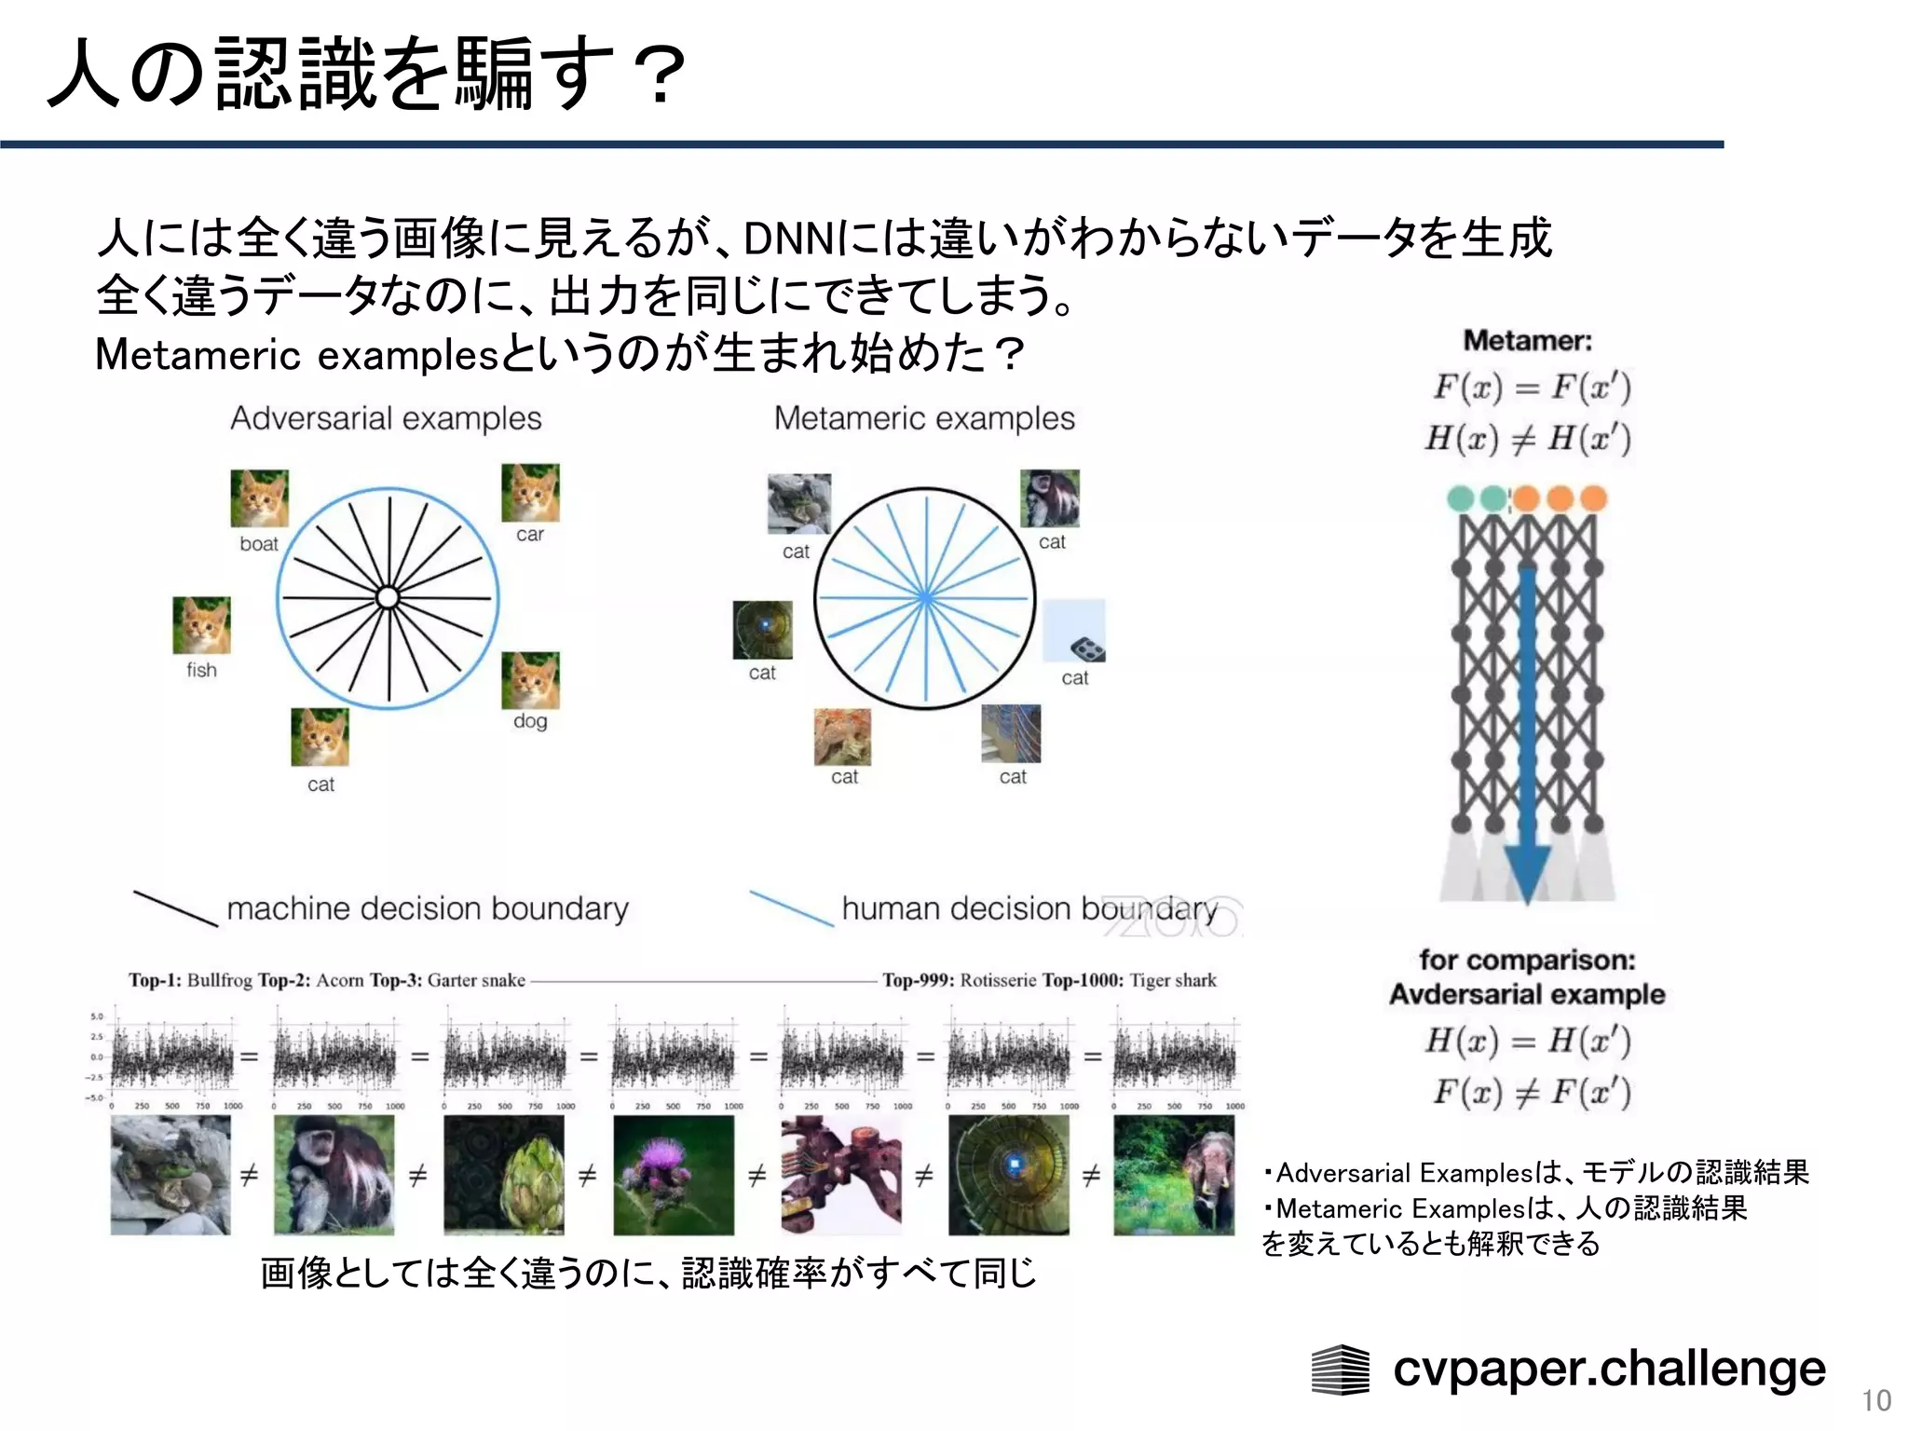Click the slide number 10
(1876, 1400)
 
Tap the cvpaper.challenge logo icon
(1340, 1370)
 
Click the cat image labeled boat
(260, 498)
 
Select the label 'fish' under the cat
(201, 670)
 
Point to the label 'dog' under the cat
(530, 720)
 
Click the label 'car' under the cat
(530, 534)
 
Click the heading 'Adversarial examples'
(386, 418)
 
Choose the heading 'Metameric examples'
(924, 418)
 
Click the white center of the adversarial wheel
(388, 597)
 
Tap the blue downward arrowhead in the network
(1528, 871)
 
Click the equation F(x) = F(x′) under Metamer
(1532, 387)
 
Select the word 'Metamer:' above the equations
(1528, 340)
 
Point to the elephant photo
(1174, 1175)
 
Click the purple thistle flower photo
(674, 1175)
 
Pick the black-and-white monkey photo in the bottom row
(334, 1175)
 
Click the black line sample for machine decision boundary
(175, 908)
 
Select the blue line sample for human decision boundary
(792, 908)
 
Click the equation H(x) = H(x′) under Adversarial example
(1528, 1041)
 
